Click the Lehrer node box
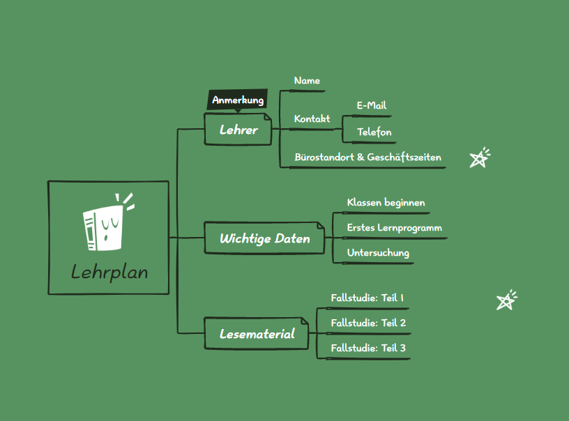click(x=238, y=130)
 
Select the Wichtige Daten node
click(x=264, y=238)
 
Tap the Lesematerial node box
click(x=257, y=334)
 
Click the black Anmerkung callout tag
click(x=238, y=100)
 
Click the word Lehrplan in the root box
click(x=109, y=272)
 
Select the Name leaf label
click(x=307, y=81)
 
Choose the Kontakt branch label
click(x=312, y=119)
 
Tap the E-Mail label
click(x=372, y=106)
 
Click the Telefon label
click(x=374, y=132)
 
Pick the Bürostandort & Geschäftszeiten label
click(x=367, y=158)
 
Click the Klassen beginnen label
click(x=386, y=203)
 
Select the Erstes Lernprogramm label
click(x=394, y=228)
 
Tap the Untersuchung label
click(x=378, y=253)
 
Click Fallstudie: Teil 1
click(x=367, y=298)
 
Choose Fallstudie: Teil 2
click(x=367, y=323)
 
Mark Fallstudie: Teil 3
click(x=367, y=348)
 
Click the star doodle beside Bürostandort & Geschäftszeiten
click(x=479, y=158)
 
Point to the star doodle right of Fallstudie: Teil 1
click(x=506, y=300)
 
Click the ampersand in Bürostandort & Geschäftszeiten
click(x=361, y=158)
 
